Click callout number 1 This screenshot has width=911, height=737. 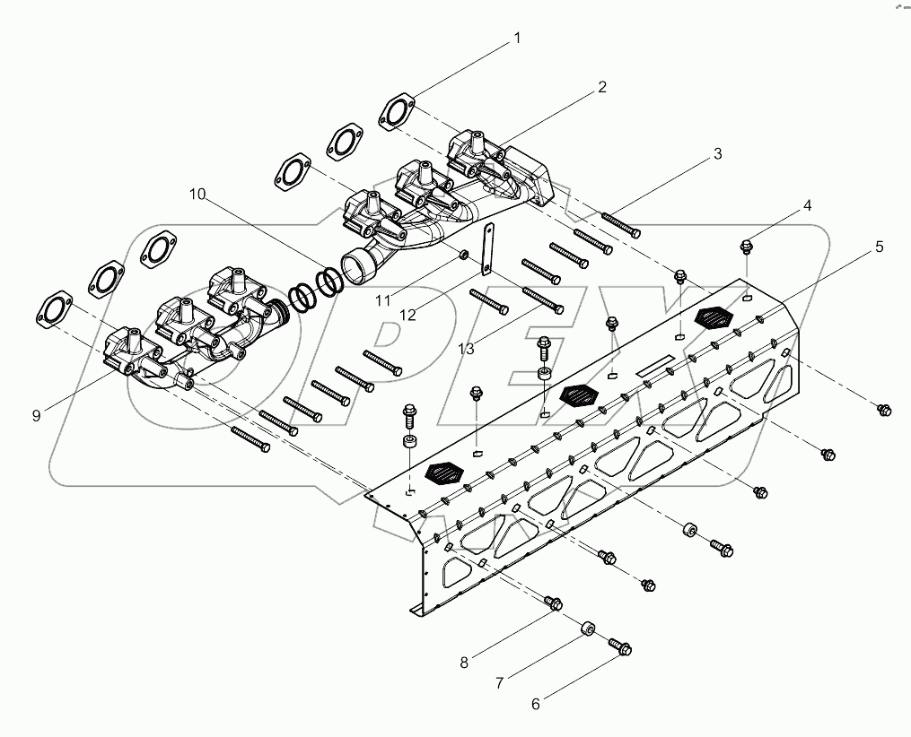[517, 39]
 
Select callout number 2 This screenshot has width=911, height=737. [602, 87]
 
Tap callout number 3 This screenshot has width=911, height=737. [717, 153]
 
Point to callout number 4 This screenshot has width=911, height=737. [807, 205]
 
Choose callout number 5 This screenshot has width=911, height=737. [879, 246]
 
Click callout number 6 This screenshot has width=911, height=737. [536, 704]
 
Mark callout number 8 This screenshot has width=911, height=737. [464, 663]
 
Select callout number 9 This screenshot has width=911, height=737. [36, 415]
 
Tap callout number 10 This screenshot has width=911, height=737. [197, 194]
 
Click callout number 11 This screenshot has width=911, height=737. [383, 300]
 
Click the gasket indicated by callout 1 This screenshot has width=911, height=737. [394, 111]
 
